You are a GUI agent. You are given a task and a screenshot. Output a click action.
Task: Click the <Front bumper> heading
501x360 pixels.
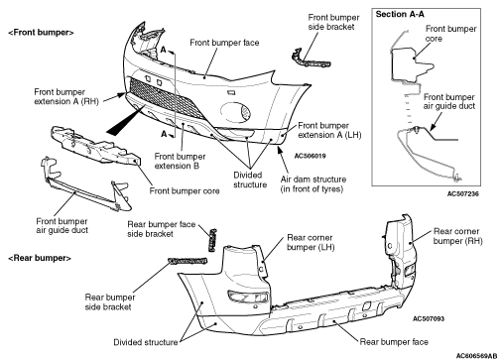(x=41, y=33)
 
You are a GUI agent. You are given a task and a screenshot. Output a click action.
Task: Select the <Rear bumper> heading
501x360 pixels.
(x=40, y=258)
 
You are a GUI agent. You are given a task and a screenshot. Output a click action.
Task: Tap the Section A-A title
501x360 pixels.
(x=400, y=14)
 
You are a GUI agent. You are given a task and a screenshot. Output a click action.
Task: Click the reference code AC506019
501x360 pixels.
(x=310, y=156)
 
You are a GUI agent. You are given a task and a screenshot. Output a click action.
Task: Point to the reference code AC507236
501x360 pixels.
(x=462, y=193)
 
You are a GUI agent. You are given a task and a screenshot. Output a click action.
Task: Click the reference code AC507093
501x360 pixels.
(x=429, y=318)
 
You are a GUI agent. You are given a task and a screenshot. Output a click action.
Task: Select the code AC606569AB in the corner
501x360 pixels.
(x=476, y=356)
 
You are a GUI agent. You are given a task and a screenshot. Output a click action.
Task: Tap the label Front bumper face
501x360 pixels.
(x=224, y=43)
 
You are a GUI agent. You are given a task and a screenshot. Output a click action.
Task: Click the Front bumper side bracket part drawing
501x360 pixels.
(x=310, y=60)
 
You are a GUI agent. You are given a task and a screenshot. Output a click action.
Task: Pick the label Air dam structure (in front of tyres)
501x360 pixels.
(x=313, y=184)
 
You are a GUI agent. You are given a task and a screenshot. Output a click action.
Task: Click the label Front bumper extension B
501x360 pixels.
(x=180, y=161)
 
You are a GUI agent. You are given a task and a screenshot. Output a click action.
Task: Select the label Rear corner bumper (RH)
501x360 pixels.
(x=457, y=236)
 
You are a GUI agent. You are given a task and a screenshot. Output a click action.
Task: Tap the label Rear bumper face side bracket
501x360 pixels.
(x=162, y=229)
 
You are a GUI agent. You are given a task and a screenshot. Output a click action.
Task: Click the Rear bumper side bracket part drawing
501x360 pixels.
(x=188, y=261)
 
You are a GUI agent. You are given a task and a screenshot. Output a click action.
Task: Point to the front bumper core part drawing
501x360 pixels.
(x=96, y=146)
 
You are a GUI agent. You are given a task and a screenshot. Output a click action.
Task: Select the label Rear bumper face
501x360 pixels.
(x=394, y=342)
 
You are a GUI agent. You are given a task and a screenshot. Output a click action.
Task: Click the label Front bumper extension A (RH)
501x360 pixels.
(x=66, y=96)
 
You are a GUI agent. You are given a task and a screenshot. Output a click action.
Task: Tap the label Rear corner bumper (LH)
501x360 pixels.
(x=311, y=242)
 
